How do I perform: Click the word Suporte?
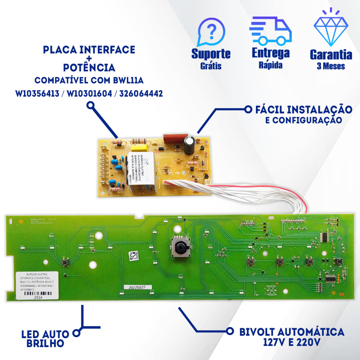[211, 54]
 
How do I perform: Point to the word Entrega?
[270, 53]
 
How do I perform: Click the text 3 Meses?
[331, 66]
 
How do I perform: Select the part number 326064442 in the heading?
[141, 94]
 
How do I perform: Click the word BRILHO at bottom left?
[45, 343]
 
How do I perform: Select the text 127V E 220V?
[291, 342]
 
